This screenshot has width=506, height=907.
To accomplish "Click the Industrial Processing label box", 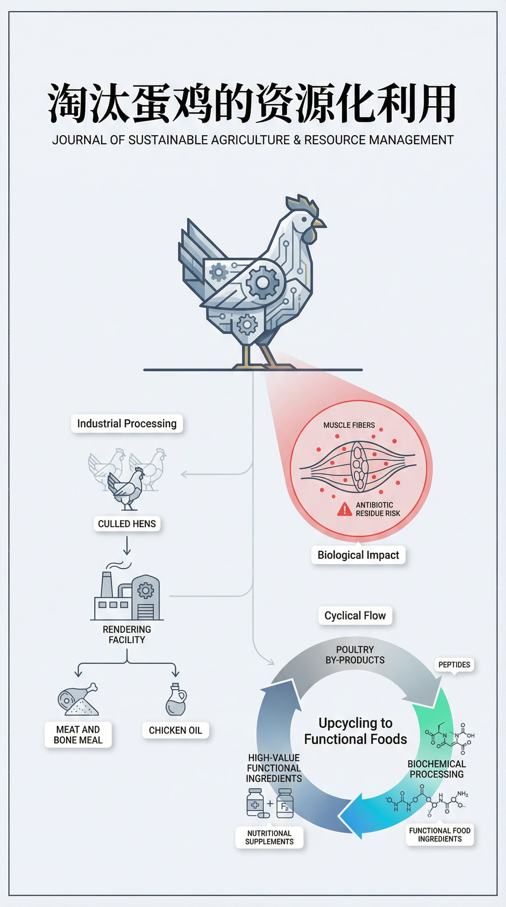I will [127, 423].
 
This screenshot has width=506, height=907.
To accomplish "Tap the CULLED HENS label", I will [127, 524].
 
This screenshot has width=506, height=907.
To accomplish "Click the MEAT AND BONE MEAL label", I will [78, 735].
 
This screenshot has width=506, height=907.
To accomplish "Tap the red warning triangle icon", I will [345, 509].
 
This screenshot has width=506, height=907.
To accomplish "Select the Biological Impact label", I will [358, 555].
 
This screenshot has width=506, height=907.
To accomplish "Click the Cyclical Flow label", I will [355, 615].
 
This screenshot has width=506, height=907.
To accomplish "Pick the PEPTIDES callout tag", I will [454, 664].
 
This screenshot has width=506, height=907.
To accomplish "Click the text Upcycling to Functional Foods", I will [355, 731].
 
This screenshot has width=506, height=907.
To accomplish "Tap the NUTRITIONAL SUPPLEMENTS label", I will [269, 837].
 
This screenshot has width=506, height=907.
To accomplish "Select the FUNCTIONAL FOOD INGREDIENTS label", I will [439, 834].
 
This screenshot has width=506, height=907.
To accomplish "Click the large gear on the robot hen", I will [263, 282].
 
